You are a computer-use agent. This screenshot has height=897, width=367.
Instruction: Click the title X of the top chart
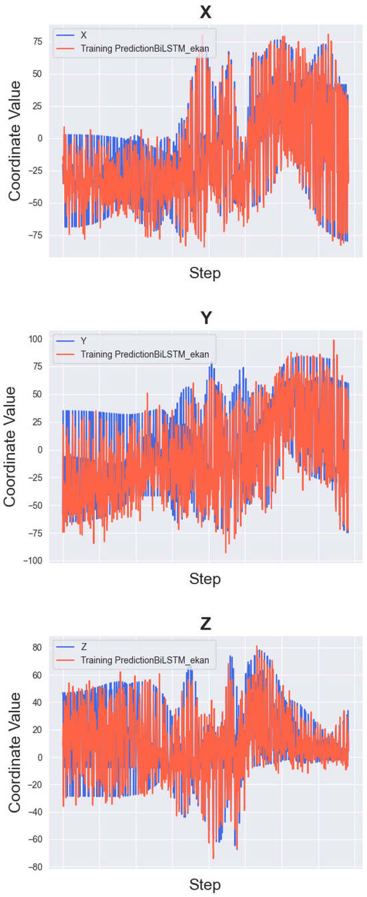[x=206, y=13]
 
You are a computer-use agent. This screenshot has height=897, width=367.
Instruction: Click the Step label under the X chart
[x=205, y=273]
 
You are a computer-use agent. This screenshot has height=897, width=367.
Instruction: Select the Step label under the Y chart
[x=205, y=578]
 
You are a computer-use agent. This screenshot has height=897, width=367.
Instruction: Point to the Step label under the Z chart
[x=205, y=884]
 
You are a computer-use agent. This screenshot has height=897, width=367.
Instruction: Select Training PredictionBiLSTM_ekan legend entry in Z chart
[x=144, y=660]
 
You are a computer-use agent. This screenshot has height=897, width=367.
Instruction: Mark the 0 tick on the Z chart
[x=39, y=757]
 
